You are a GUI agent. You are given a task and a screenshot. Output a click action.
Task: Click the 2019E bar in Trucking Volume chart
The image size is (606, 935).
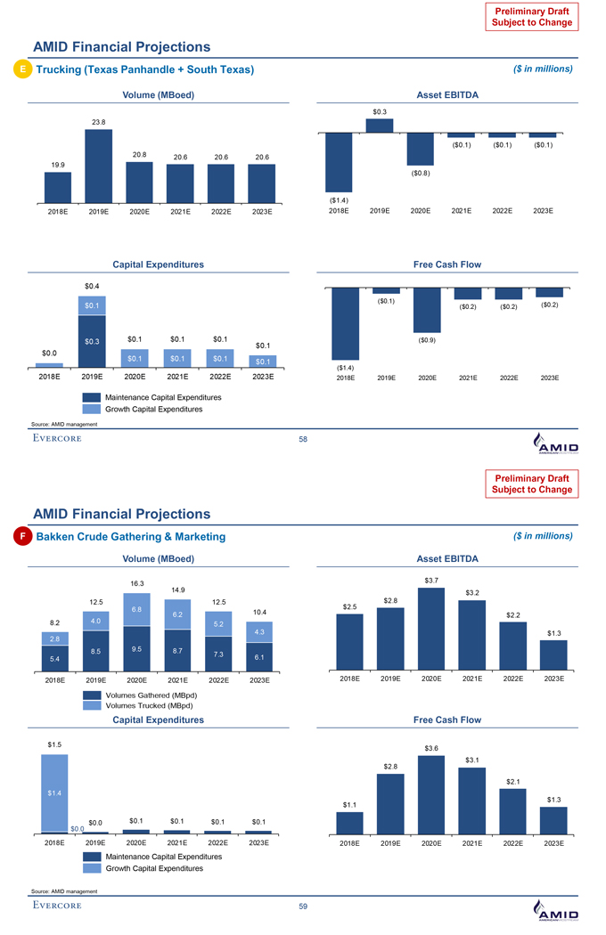[x=98, y=167]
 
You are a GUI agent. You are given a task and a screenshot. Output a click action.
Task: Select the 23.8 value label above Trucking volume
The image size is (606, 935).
[x=98, y=121]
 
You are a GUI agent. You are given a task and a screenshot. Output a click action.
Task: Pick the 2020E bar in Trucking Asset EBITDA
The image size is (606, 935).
[x=420, y=149]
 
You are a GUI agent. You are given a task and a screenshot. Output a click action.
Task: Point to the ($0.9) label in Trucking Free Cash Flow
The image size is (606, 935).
[x=426, y=339]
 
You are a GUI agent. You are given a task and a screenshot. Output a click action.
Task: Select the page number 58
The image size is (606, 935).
[x=303, y=439]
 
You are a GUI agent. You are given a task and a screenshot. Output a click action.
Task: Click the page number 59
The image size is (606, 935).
[x=303, y=907]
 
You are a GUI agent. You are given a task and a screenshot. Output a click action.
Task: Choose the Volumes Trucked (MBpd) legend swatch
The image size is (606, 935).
[x=93, y=704]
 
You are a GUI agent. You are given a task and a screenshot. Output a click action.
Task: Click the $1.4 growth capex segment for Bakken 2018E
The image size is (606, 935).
[x=54, y=793]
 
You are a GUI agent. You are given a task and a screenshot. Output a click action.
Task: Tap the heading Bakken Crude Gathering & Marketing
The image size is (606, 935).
[x=130, y=536]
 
